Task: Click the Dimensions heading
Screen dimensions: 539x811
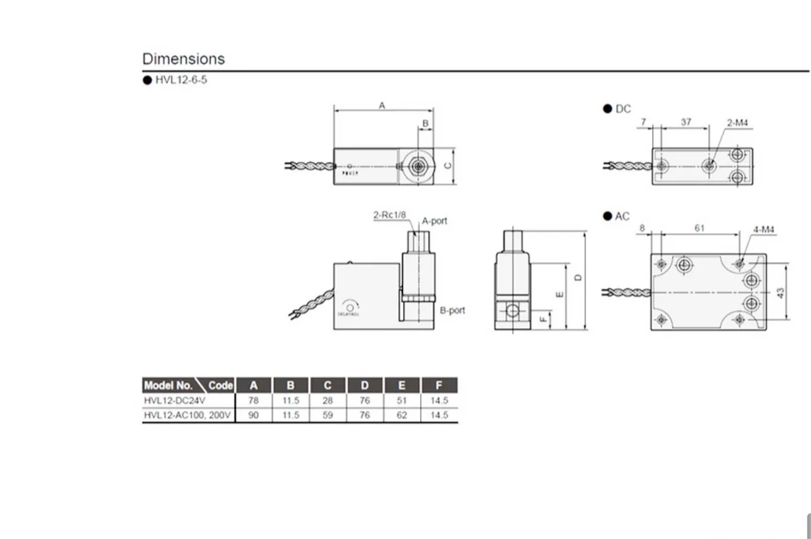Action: coord(183,59)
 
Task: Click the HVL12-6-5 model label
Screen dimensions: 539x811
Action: coord(180,80)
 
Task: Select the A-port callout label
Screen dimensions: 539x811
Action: coord(435,220)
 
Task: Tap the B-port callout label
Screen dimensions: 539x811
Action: coord(452,310)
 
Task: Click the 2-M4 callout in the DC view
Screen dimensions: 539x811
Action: coord(737,123)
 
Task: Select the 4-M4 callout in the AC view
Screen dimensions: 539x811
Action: coord(764,229)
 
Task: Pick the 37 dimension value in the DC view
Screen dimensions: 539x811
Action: coord(686,122)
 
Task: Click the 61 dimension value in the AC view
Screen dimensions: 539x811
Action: coord(699,228)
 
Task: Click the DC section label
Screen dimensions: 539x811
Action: coord(623,109)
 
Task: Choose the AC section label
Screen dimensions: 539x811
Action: coord(622,216)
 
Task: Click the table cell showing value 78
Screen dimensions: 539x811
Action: coord(253,400)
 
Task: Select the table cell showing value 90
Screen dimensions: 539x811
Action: coord(253,415)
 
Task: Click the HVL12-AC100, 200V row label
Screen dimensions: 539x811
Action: coord(187,415)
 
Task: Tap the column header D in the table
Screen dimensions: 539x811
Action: coord(364,386)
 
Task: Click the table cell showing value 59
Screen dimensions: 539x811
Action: coord(327,415)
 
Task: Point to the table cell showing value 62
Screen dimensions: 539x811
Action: coord(401,415)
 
